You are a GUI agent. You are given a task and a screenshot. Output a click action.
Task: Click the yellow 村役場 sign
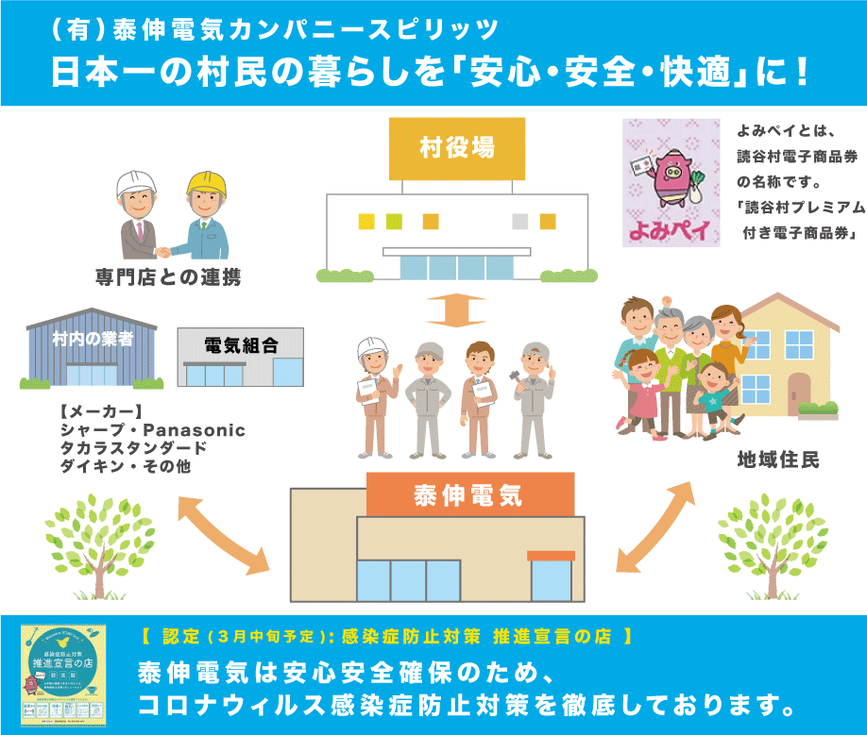(x=457, y=148)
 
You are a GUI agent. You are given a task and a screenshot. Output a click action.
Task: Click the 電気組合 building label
(x=240, y=344)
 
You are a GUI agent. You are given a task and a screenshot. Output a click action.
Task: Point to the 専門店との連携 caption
(x=168, y=276)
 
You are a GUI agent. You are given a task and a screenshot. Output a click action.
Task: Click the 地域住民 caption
(x=778, y=459)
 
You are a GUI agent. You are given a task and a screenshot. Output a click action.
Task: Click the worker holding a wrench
(x=533, y=396)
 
